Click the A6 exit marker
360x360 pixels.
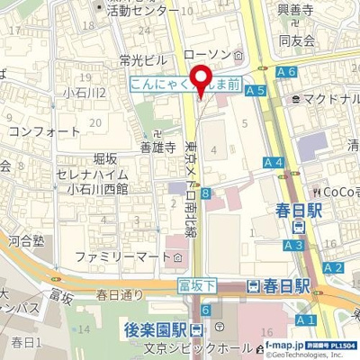coord(287,71)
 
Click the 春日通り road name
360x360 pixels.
coord(120,294)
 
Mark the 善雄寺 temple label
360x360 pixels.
coord(157,148)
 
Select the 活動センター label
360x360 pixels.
coord(142,12)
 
